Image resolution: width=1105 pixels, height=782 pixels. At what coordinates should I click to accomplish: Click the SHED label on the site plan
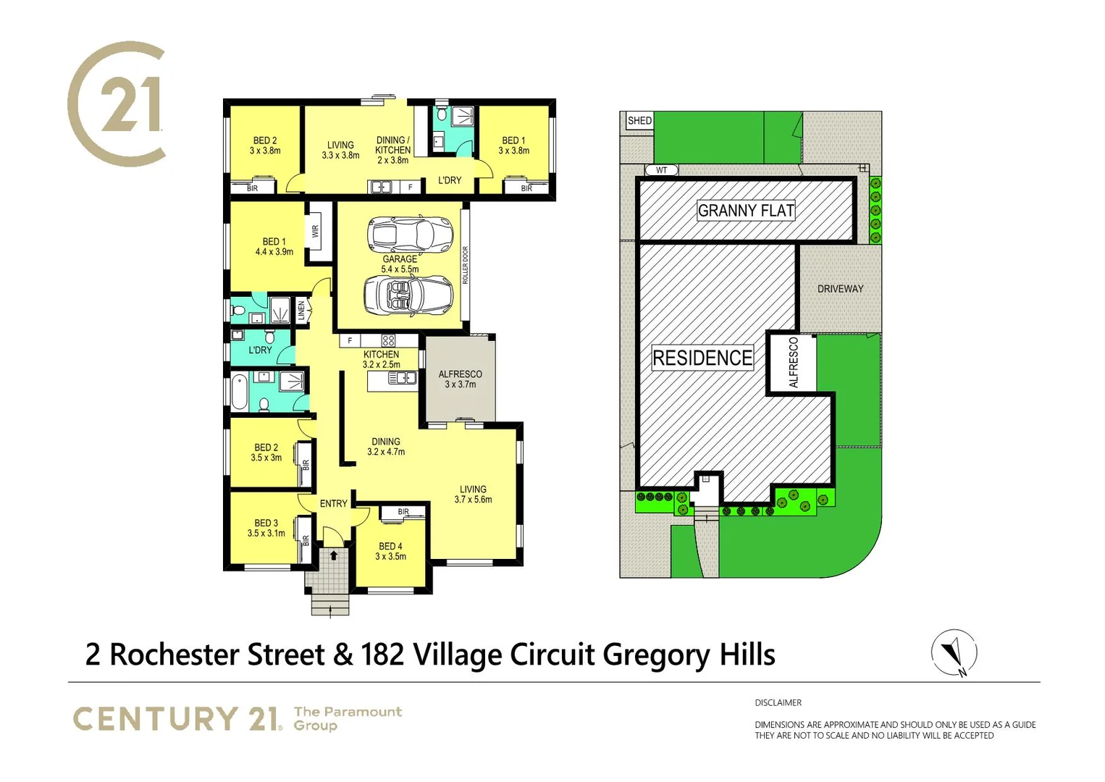(x=639, y=121)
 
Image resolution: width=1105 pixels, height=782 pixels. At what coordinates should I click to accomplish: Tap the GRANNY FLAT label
(x=746, y=211)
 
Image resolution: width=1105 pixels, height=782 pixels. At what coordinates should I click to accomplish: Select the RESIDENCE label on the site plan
(x=702, y=358)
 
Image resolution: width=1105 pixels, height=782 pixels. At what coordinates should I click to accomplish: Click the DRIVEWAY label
(x=840, y=289)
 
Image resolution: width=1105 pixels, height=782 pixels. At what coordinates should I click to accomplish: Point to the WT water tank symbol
(x=661, y=170)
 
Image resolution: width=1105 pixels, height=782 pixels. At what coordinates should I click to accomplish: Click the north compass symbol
(x=954, y=652)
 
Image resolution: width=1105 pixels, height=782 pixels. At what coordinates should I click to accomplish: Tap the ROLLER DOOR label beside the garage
(x=466, y=265)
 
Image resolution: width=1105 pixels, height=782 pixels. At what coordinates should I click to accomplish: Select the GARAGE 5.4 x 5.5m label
(x=400, y=264)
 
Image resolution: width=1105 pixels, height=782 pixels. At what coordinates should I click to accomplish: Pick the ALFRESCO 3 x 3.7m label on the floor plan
(x=460, y=379)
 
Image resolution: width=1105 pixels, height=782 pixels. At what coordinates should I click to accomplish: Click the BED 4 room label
(x=390, y=552)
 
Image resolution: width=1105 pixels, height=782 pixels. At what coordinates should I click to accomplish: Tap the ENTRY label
(x=333, y=503)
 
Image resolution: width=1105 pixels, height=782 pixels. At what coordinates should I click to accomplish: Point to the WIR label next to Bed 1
(x=315, y=232)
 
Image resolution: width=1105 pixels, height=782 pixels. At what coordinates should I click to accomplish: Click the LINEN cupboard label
(x=301, y=311)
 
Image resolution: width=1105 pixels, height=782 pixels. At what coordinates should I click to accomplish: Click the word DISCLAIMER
(x=778, y=702)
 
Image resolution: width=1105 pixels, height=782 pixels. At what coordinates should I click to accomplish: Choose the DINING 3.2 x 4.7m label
(x=386, y=447)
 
